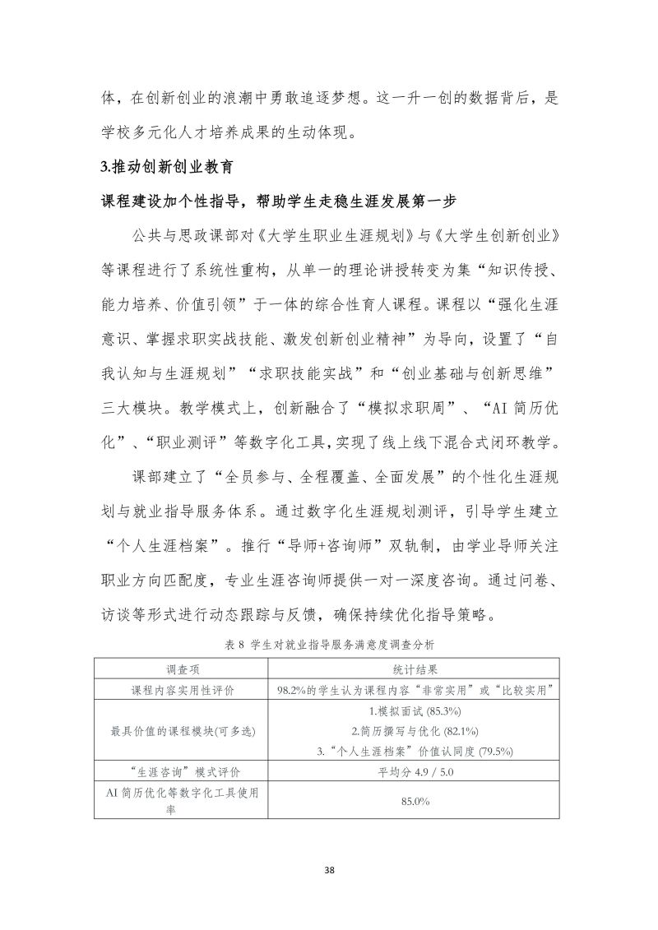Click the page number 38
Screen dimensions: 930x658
click(329, 870)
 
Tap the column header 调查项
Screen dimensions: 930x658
click(178, 669)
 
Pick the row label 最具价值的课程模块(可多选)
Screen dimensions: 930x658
click(178, 730)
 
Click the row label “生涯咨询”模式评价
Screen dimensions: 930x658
click(178, 771)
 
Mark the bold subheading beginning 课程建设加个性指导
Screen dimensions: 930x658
click(278, 202)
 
